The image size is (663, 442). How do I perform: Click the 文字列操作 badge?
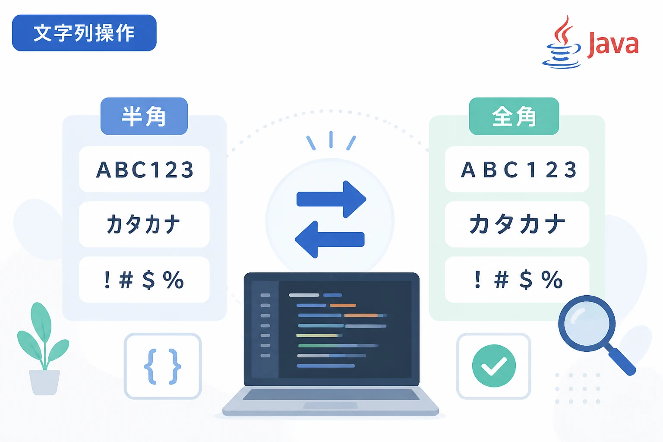click(x=84, y=33)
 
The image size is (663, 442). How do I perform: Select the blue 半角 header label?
click(x=144, y=116)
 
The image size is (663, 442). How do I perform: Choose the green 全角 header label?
click(x=514, y=116)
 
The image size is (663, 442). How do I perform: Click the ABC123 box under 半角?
click(x=145, y=169)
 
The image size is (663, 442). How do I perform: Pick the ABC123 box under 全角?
click(x=517, y=169)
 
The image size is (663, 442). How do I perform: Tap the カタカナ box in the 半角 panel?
click(x=145, y=224)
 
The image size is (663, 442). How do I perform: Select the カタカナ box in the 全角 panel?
click(x=517, y=224)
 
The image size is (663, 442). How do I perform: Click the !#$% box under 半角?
click(x=145, y=279)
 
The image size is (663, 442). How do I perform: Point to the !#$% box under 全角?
click(x=517, y=279)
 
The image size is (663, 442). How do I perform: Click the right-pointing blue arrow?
click(x=331, y=199)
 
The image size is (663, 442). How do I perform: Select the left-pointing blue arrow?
click(x=330, y=240)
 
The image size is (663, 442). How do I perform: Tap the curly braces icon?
click(x=162, y=366)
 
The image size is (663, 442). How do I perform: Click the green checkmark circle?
click(x=494, y=366)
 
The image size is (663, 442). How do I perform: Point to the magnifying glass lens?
click(x=587, y=324)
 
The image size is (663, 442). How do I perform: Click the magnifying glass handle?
click(x=621, y=361)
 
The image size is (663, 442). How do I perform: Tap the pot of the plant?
click(x=44, y=382)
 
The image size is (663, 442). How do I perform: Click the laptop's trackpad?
click(x=330, y=405)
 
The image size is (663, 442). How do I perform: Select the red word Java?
click(x=612, y=45)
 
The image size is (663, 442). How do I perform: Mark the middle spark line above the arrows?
click(x=331, y=139)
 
